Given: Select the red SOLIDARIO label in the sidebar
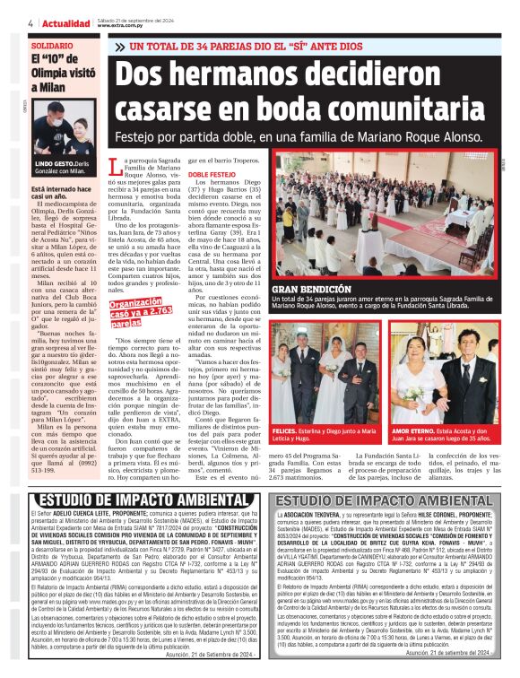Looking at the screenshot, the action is tap(53, 45).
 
